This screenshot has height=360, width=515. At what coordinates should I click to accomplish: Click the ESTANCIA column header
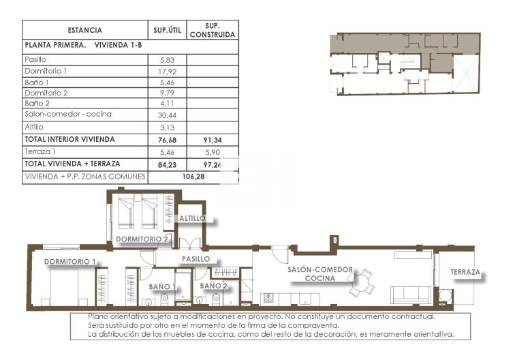click(x=85, y=30)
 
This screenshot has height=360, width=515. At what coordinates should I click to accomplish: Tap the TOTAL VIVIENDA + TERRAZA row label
click(x=72, y=164)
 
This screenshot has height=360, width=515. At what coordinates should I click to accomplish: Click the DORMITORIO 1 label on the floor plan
click(x=70, y=262)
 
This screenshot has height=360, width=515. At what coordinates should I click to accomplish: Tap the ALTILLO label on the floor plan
click(x=192, y=219)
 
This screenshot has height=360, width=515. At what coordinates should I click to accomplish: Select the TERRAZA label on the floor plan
click(x=465, y=273)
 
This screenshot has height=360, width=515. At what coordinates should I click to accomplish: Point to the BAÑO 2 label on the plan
click(x=214, y=286)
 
